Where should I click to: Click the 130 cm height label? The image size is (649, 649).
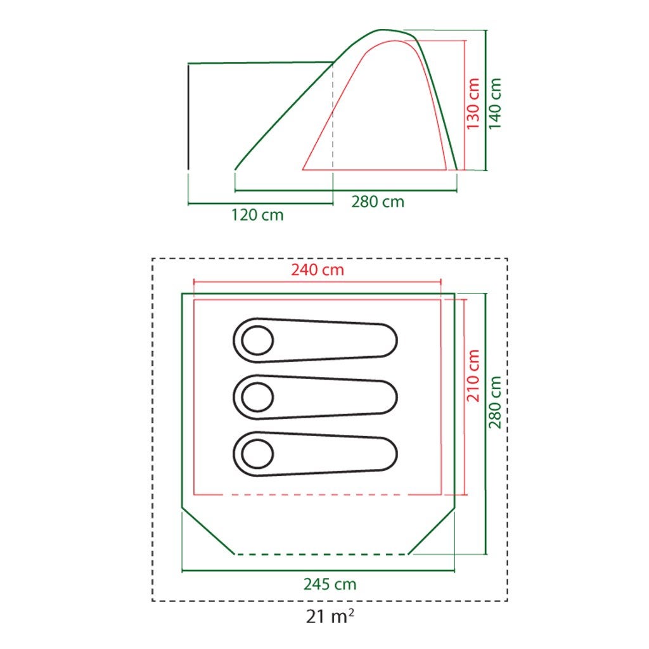pyautogui.click(x=473, y=103)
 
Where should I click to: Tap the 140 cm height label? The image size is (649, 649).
pyautogui.click(x=495, y=103)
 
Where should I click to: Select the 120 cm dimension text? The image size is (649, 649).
pyautogui.click(x=257, y=215)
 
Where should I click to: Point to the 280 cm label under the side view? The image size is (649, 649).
pyautogui.click(x=378, y=202)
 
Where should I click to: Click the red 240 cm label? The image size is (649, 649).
pyautogui.click(x=318, y=270)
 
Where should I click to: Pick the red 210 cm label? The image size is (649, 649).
pyautogui.click(x=473, y=375)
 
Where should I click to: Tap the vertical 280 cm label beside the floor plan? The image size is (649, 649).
pyautogui.click(x=495, y=402)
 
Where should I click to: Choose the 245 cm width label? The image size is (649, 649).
pyautogui.click(x=330, y=584)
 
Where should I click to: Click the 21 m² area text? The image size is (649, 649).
pyautogui.click(x=330, y=616)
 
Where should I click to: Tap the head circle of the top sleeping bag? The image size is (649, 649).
pyautogui.click(x=257, y=340)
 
